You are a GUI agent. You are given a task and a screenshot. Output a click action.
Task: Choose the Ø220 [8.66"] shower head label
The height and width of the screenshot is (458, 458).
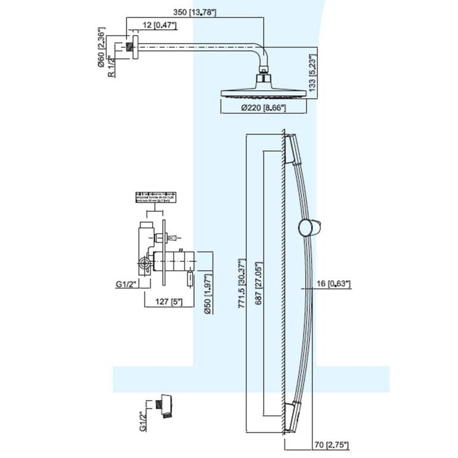point(264,108)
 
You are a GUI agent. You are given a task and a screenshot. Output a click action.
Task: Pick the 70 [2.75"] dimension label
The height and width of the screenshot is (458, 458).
point(330,444)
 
